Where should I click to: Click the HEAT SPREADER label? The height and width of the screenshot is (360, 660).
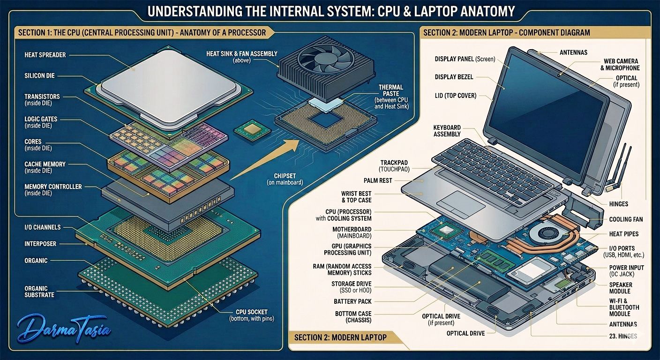point(45,55)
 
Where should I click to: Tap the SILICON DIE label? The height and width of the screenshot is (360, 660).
point(39,76)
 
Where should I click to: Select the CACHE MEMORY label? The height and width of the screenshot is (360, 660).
point(45,167)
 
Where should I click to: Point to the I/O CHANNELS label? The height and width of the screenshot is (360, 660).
point(43,227)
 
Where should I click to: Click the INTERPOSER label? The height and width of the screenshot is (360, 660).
point(40,244)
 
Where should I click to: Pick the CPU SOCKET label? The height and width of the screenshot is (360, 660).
point(252,315)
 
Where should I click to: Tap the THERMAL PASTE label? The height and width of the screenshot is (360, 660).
point(391,97)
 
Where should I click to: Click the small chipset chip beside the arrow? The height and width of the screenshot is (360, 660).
point(252,130)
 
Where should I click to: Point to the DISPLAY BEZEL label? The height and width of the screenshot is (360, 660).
point(454,77)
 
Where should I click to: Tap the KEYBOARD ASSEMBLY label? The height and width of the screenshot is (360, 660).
point(447,131)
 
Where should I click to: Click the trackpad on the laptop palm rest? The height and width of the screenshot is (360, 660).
point(461,204)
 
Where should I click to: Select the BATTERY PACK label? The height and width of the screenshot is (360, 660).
point(352,302)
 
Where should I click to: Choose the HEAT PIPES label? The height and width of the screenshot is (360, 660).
point(624,234)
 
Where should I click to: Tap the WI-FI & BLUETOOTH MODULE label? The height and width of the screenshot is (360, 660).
point(624,307)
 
